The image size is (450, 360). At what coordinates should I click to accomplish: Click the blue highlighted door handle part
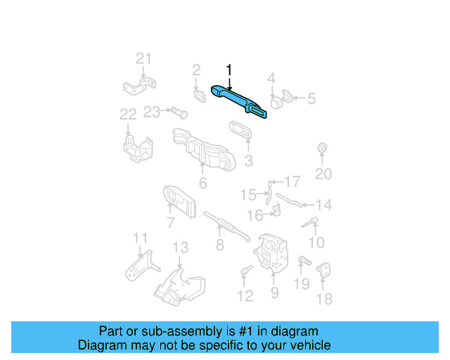pyautogui.click(x=238, y=101)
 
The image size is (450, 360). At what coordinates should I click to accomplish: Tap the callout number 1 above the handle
pyautogui.click(x=229, y=70)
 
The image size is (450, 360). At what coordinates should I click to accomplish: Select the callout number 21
pyautogui.click(x=143, y=58)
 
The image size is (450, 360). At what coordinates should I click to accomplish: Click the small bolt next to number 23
pyautogui.click(x=179, y=112)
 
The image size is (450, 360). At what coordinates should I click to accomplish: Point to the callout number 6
pyautogui.click(x=203, y=183)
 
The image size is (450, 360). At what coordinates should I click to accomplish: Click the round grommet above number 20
pyautogui.click(x=322, y=148)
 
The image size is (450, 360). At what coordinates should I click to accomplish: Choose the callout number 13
pyautogui.click(x=181, y=247)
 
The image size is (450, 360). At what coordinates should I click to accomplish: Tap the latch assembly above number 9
pyautogui.click(x=271, y=252)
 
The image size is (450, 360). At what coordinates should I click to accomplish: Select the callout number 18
pyautogui.click(x=324, y=299)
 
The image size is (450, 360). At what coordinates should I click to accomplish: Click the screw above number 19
pyautogui.click(x=304, y=261)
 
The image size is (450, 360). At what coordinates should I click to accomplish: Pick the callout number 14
pyautogui.click(x=323, y=205)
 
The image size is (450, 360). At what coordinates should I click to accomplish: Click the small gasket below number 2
pyautogui.click(x=200, y=96)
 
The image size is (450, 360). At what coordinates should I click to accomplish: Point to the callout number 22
pyautogui.click(x=128, y=115)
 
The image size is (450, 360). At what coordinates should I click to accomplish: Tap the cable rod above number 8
pyautogui.click(x=226, y=226)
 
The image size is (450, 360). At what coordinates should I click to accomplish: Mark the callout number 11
pyautogui.click(x=141, y=238)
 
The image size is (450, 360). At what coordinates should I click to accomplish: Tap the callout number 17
pyautogui.click(x=292, y=181)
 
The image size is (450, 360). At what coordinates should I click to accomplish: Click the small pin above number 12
pyautogui.click(x=247, y=270)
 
